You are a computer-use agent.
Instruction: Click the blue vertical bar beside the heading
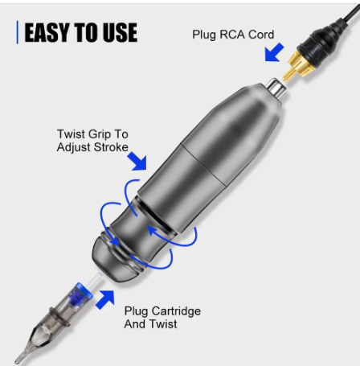18,32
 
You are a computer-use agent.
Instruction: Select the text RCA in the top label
232,35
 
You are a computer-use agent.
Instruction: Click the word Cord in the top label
261,35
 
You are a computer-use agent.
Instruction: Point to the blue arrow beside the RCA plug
274,52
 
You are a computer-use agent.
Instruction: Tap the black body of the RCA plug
323,42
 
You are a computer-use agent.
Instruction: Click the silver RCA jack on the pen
276,89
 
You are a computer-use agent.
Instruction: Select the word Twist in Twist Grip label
72,134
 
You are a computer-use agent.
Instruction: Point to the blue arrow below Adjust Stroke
137,161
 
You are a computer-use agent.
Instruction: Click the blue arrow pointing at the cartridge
105,299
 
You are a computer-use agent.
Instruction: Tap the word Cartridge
176,311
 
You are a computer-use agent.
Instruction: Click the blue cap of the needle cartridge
83,293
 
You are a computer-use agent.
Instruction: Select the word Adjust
73,148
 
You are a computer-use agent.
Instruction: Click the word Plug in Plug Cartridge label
136,311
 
